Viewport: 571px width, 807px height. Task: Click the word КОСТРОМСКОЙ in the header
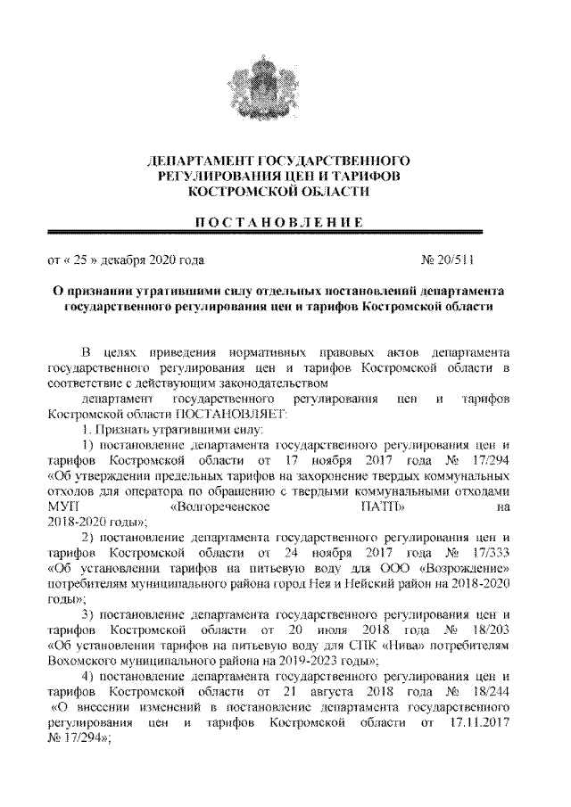click(238, 192)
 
